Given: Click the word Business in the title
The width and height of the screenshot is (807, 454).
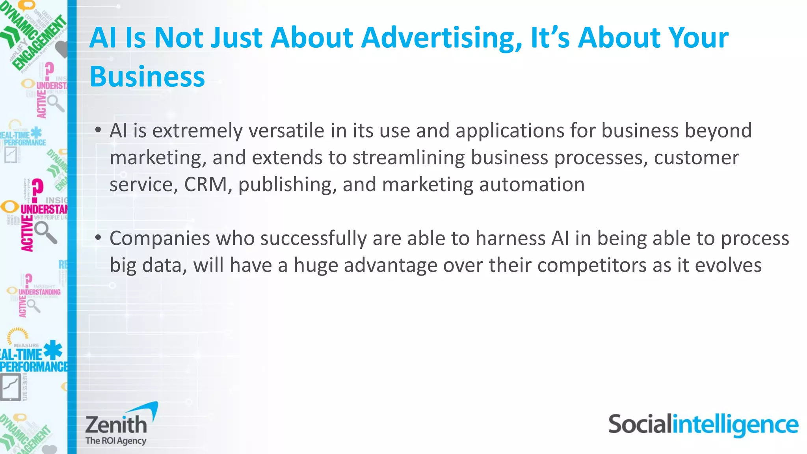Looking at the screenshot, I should point(147,76).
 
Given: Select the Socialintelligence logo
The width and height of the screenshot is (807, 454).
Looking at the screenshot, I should point(703,425).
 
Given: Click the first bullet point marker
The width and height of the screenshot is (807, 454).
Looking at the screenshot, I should point(98,130).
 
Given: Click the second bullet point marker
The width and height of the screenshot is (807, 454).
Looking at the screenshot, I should point(98,238).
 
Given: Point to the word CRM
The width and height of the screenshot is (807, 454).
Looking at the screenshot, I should point(205,184).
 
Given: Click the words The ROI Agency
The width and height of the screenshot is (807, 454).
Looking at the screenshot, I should point(116,441).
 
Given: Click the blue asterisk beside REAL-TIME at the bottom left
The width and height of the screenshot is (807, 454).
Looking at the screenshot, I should point(53,350).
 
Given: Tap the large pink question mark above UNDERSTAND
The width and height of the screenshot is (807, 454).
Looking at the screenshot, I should point(37,190).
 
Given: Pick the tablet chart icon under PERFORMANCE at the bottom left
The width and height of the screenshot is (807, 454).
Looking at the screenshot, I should point(10,387).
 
